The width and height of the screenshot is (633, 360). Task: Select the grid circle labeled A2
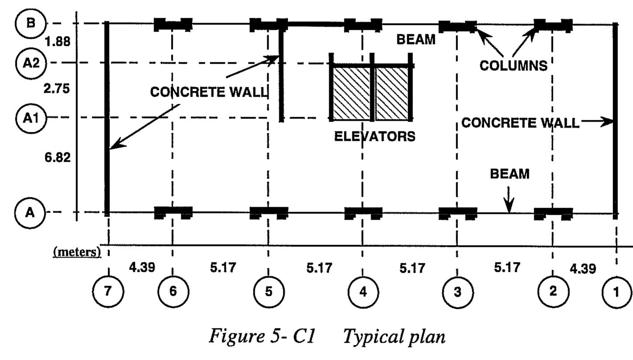pos(30,63)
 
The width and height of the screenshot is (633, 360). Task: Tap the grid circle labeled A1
pos(30,118)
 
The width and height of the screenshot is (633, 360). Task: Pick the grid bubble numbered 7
pos(108,292)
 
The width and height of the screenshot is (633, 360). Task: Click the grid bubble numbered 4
pos(363,292)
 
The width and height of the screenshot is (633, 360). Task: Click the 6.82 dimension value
pos(57,157)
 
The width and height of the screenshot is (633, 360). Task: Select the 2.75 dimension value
pos(57,89)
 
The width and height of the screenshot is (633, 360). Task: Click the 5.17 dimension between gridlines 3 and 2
pos(507,268)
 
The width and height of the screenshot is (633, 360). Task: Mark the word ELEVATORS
pos(375,136)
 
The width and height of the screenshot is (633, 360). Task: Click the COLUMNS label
pos(513,65)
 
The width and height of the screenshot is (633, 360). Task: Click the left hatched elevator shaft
pos(352,94)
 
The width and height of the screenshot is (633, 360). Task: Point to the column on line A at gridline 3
pos(457,213)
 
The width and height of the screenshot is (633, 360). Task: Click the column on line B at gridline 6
pos(173,25)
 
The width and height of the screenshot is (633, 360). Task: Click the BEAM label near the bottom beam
pos(510,174)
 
